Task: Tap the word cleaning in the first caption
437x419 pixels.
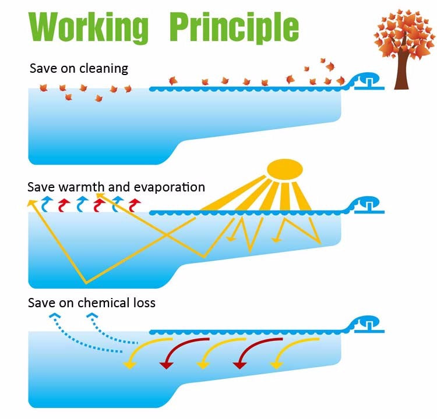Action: [105, 69]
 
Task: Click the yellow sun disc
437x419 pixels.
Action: [285, 168]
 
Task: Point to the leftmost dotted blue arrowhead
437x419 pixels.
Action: [54, 317]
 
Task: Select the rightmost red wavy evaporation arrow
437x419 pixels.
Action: [135, 203]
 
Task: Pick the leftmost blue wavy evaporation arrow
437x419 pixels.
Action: [48, 203]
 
